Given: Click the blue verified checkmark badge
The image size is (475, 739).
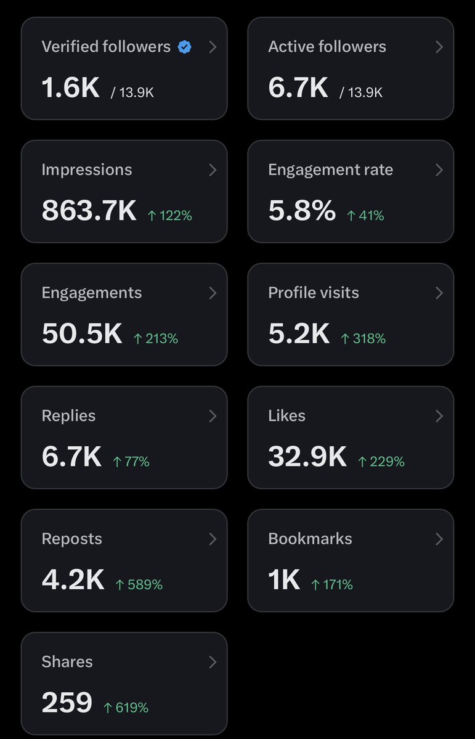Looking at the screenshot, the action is pos(185,47).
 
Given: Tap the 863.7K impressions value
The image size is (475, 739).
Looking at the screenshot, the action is pos(89,211).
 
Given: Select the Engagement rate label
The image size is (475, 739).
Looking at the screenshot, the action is pos(330,169).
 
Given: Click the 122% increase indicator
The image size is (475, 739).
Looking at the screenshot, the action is pos(169,216).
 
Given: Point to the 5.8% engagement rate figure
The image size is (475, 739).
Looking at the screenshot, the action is pos(302,211).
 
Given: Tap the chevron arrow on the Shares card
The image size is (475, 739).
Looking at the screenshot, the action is pos(213,662).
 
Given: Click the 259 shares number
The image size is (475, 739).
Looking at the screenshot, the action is pos(67,702).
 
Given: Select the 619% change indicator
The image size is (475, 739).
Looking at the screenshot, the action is pos(126,708).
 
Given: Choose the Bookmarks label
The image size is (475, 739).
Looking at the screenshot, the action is pos(310,539).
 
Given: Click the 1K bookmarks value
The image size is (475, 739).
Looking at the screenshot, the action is pos(284,579).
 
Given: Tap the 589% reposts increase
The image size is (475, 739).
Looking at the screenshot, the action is pos(139,584).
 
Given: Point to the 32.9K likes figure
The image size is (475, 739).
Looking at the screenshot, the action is pos(307,457).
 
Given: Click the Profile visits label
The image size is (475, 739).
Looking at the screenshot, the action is pos(314,293).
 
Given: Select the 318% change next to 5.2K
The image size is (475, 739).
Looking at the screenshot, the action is pos(363,338).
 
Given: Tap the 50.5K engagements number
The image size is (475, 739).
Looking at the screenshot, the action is pos(82,333).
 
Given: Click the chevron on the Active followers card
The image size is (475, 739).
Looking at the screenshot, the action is pos(439,47).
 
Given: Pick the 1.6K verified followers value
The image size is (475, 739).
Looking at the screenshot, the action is pos(71,88).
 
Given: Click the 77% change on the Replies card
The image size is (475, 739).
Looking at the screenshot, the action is pos(131,462).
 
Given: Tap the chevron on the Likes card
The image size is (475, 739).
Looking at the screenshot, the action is pos(439,415).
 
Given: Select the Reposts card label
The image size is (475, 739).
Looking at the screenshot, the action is pos(71,539).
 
